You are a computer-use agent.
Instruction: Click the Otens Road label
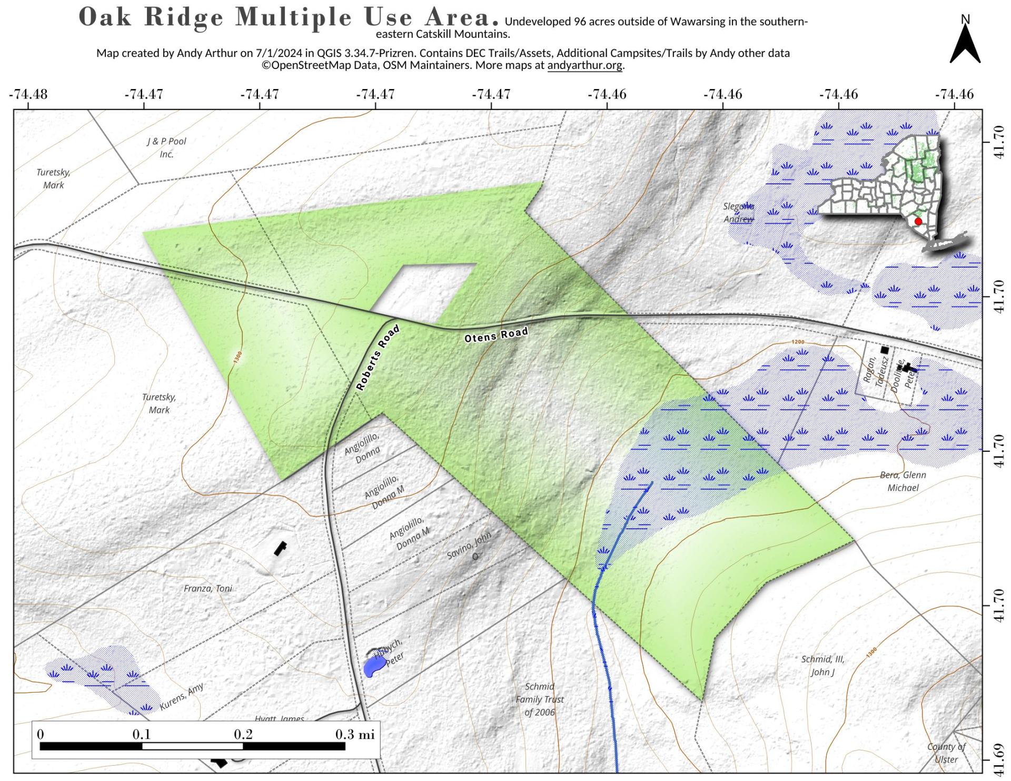point(495,334)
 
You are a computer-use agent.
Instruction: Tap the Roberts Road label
point(378,358)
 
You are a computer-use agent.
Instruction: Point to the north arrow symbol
point(965,45)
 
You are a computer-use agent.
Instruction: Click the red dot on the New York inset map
point(918,221)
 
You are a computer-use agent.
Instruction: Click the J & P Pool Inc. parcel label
point(166,147)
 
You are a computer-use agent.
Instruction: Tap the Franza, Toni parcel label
point(207,588)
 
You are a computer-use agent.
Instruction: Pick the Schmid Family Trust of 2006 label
point(539,699)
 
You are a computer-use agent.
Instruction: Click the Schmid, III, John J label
point(822,665)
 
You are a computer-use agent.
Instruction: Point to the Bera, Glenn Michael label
point(903,481)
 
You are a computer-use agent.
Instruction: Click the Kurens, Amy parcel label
point(181,696)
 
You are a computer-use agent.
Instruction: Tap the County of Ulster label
point(946,753)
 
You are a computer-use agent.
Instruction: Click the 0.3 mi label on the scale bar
point(354,734)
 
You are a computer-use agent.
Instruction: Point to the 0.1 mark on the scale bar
point(141,734)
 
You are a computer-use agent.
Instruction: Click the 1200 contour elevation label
point(798,342)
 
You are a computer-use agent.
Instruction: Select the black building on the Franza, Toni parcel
point(280,548)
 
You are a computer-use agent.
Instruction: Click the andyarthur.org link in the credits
point(584,65)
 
